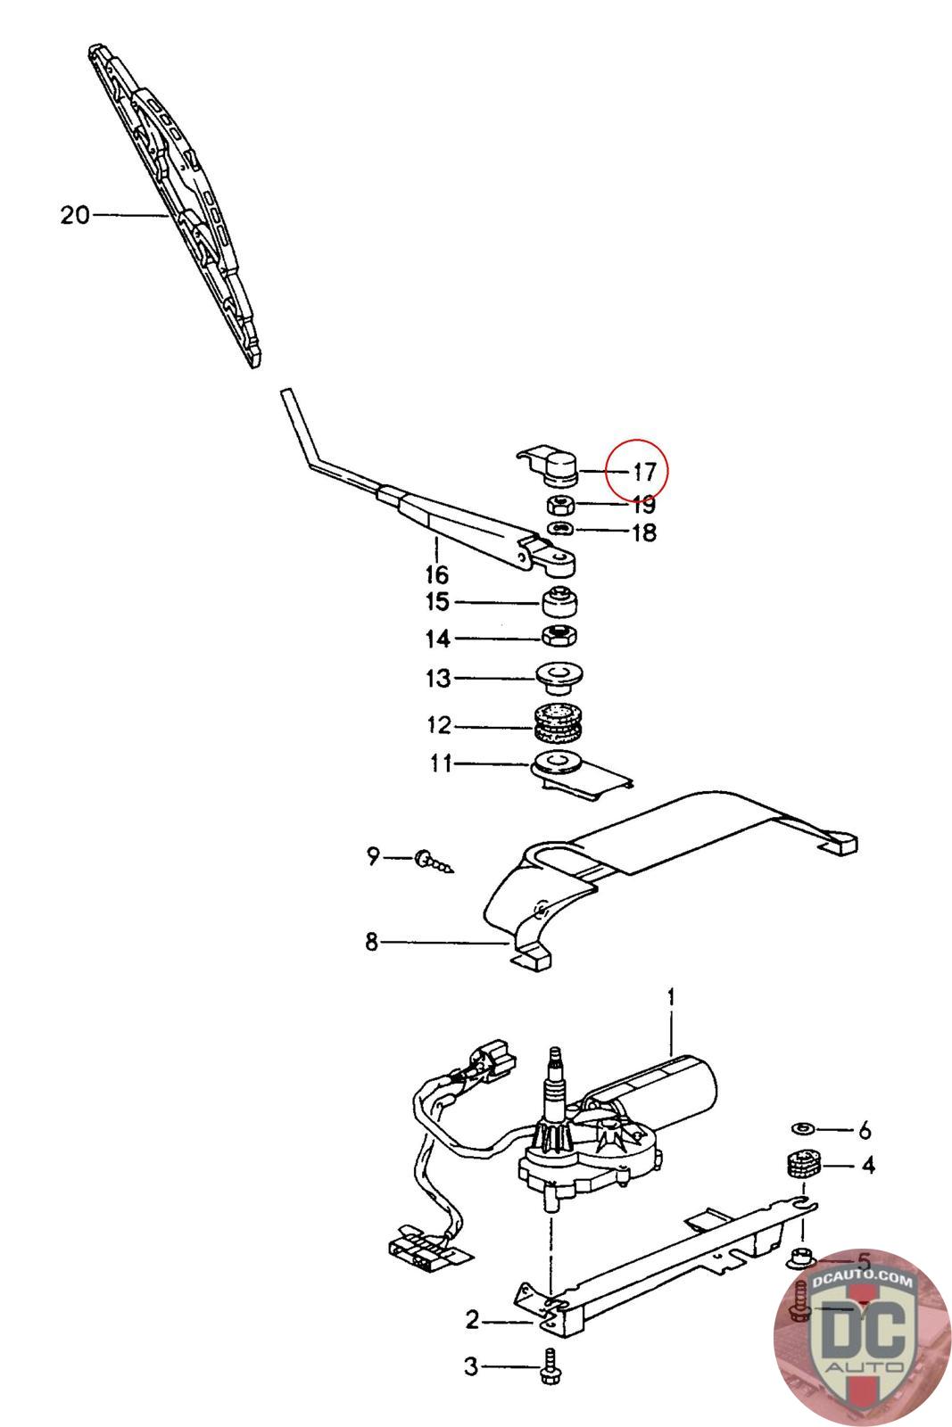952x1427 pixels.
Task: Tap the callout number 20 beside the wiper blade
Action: pyautogui.click(x=76, y=215)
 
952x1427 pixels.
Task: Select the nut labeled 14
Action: pyautogui.click(x=561, y=637)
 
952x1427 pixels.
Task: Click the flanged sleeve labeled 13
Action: pyautogui.click(x=559, y=678)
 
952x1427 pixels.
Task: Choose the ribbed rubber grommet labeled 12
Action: pyautogui.click(x=558, y=724)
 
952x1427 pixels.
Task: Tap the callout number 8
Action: pyautogui.click(x=372, y=941)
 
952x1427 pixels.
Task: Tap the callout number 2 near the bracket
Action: pyautogui.click(x=473, y=1320)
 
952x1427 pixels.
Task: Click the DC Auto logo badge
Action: pyautogui.click(x=861, y=1335)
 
